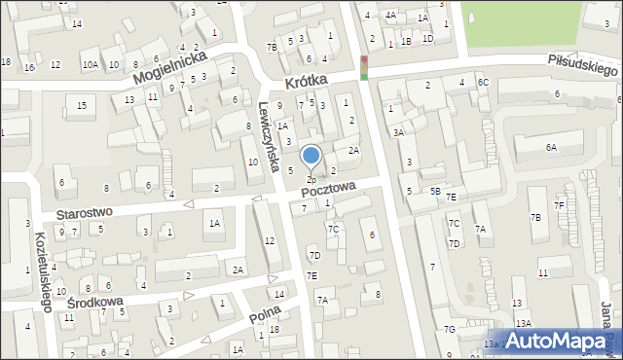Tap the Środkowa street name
(95, 303)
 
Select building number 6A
(551, 147)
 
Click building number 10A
(90, 65)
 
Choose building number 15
(82, 105)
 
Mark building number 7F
(559, 205)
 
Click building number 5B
(436, 192)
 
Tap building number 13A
(524, 323)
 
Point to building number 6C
(483, 83)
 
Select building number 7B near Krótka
(273, 47)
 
